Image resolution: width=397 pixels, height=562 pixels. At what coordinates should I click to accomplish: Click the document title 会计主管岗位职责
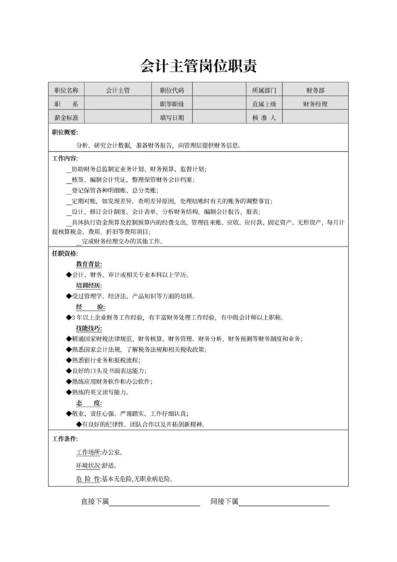tap(198, 66)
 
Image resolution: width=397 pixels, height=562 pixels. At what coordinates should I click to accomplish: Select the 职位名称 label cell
tap(66, 90)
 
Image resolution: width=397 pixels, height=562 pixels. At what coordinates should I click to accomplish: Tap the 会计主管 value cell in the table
tap(118, 90)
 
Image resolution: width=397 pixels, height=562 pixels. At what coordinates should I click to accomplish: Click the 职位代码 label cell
tap(172, 90)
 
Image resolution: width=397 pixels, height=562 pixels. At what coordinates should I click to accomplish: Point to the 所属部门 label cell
tap(264, 90)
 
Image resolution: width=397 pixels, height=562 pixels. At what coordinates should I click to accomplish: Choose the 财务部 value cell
tap(315, 90)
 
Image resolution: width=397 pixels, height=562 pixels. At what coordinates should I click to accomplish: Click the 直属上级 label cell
tap(264, 104)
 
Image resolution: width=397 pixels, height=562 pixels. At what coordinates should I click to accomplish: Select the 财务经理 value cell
tap(315, 104)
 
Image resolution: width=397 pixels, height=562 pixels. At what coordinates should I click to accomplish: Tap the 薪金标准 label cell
tap(66, 117)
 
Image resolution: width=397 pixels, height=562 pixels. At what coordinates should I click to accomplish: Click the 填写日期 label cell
tap(172, 117)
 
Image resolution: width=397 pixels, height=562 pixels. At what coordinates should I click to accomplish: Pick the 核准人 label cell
tap(264, 117)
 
